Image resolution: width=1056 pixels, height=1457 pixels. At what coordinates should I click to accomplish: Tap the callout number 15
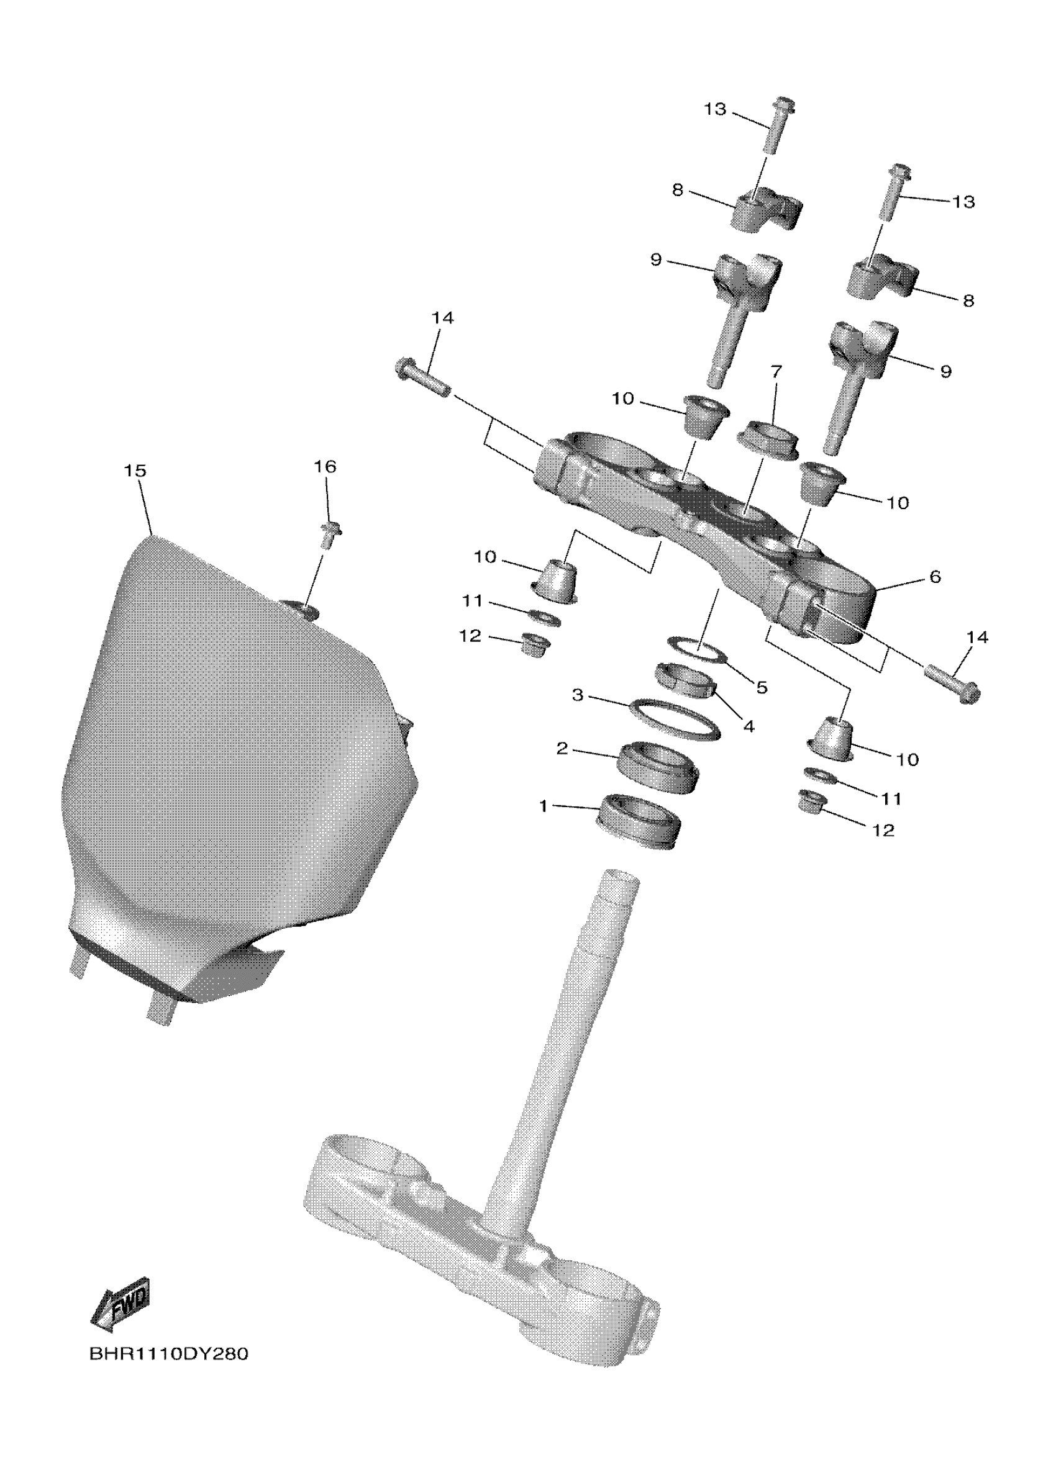(135, 471)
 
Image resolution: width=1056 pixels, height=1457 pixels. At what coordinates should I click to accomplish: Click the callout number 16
(325, 466)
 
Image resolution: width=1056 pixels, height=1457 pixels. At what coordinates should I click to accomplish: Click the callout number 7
(776, 371)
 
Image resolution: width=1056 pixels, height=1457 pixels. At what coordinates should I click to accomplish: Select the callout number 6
(935, 577)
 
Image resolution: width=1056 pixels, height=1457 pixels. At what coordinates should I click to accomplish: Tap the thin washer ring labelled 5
(697, 649)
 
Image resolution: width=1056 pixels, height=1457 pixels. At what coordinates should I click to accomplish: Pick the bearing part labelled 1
(639, 823)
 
